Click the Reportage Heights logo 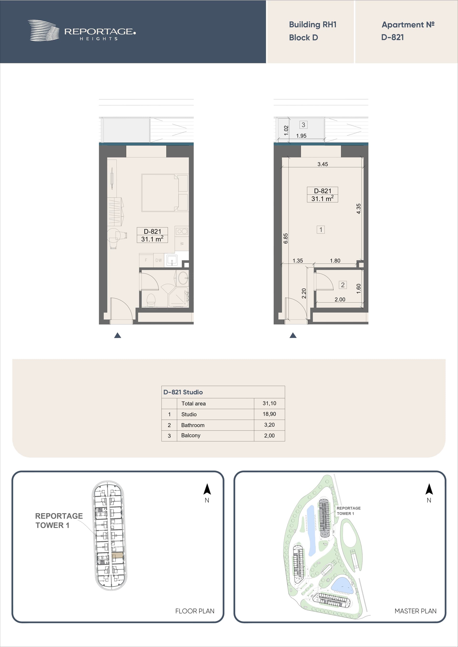pos(82,31)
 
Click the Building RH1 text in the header pos(313,25)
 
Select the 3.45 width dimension pos(323,164)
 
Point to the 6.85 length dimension pos(286,238)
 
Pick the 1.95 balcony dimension pos(301,136)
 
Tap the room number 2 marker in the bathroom pos(343,285)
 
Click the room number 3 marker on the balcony pos(303,125)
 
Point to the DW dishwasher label pos(159,260)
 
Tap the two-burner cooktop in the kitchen pos(182,231)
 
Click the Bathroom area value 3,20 pos(269,425)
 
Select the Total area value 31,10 pos(269,403)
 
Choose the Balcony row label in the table pos(191,435)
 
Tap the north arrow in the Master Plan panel pos(429,490)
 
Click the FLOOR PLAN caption pos(195,611)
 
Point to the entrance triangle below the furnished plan pos(118,335)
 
